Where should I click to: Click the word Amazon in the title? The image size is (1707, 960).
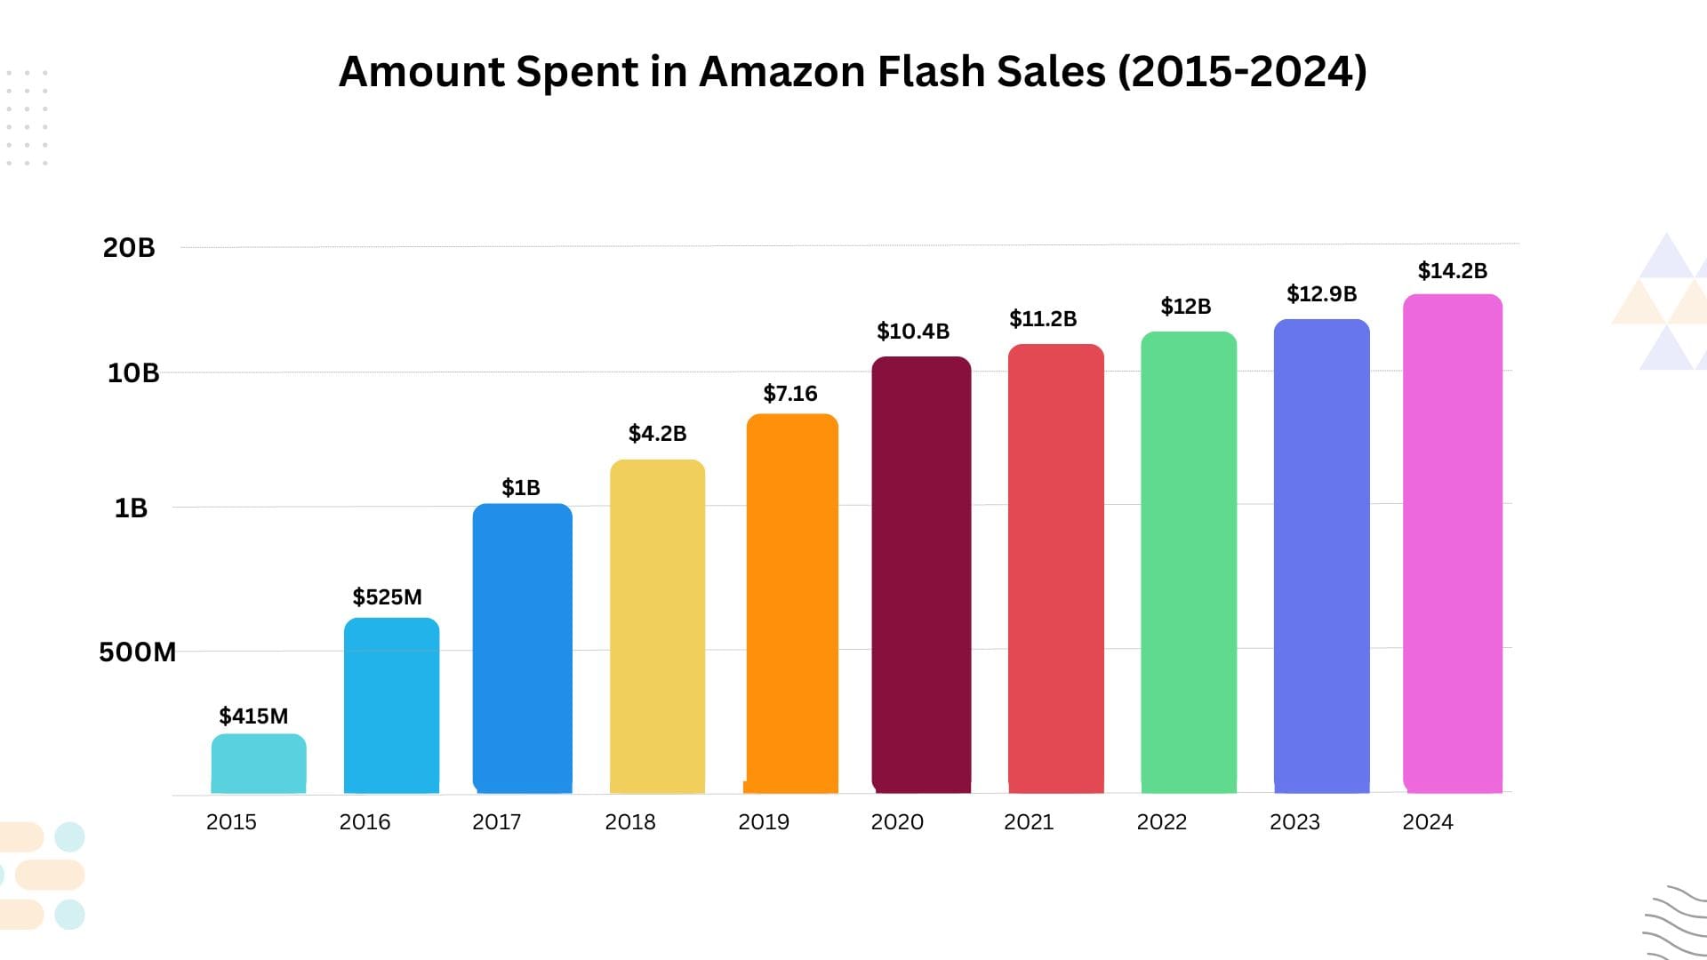(x=781, y=72)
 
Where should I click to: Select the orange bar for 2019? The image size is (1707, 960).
(x=792, y=604)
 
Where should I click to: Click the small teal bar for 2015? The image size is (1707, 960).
(x=259, y=764)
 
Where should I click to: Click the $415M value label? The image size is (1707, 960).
(x=253, y=716)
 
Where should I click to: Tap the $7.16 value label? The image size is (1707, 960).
(x=789, y=394)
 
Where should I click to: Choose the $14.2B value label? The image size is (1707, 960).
(x=1452, y=271)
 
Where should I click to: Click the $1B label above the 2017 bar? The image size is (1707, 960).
(x=521, y=488)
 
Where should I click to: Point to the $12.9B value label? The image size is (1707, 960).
(x=1321, y=294)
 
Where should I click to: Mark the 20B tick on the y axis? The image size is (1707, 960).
(x=129, y=248)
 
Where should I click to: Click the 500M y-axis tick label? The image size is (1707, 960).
(x=137, y=652)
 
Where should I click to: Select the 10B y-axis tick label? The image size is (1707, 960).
(x=133, y=373)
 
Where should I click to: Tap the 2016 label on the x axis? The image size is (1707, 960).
(x=365, y=822)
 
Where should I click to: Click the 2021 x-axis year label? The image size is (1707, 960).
(x=1029, y=822)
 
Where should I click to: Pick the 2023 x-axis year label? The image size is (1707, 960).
(x=1294, y=822)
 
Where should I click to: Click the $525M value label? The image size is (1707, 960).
(x=387, y=597)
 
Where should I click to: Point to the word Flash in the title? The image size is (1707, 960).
(x=931, y=72)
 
